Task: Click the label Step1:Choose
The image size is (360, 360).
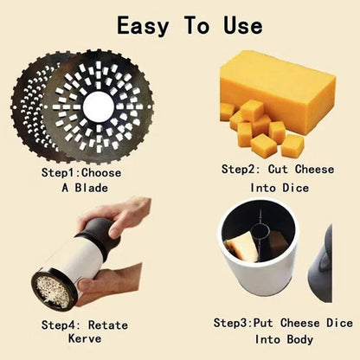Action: click(82, 172)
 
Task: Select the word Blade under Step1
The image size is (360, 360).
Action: click(96, 186)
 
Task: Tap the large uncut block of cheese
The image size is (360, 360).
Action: click(281, 82)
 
